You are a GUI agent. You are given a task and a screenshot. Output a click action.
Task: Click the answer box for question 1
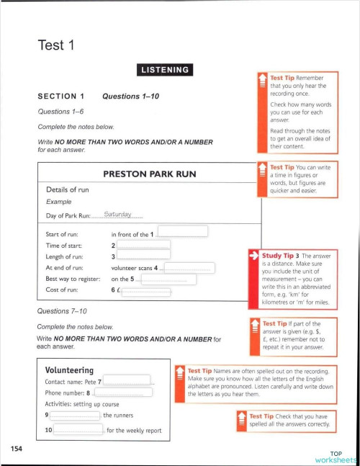[x=182, y=231]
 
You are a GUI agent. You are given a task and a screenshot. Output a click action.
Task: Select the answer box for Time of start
[x=143, y=245]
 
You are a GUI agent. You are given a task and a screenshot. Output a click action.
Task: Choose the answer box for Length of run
[x=143, y=256]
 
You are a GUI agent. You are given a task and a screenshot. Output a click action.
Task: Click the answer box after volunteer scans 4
[x=186, y=268]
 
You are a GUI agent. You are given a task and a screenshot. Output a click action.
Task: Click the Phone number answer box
[x=123, y=393]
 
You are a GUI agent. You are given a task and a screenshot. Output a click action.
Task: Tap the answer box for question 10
[x=77, y=431]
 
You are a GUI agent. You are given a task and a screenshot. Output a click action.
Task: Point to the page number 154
[x=17, y=449]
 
